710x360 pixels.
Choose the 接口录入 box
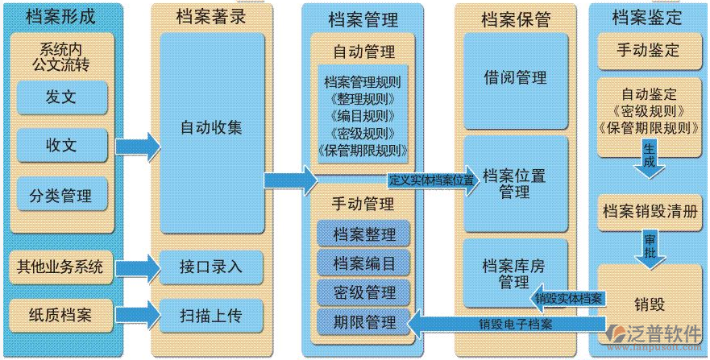(211, 267)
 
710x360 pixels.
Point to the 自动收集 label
(211, 126)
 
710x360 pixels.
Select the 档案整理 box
(364, 235)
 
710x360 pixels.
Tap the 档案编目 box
(364, 263)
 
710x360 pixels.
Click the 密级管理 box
(364, 292)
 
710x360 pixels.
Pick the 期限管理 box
(364, 322)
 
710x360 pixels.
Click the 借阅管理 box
(515, 78)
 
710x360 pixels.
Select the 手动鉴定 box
(649, 50)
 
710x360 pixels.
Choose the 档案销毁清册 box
(649, 211)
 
